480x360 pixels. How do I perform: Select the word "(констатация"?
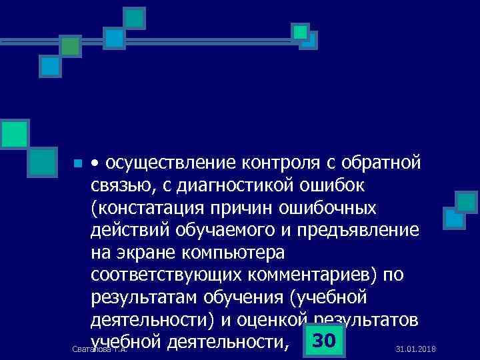(x=151, y=208)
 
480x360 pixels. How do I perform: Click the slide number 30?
(x=323, y=341)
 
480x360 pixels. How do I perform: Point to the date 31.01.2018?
(x=415, y=349)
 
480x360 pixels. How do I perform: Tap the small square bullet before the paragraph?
(x=78, y=163)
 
